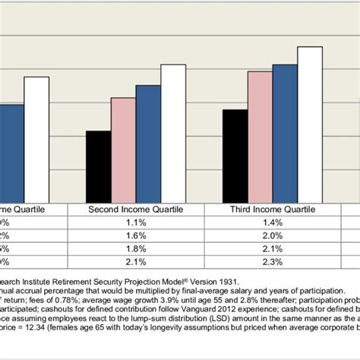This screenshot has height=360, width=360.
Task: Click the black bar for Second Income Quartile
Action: [98, 166]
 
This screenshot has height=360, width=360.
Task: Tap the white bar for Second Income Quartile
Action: [172, 132]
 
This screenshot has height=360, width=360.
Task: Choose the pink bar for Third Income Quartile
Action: [260, 136]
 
